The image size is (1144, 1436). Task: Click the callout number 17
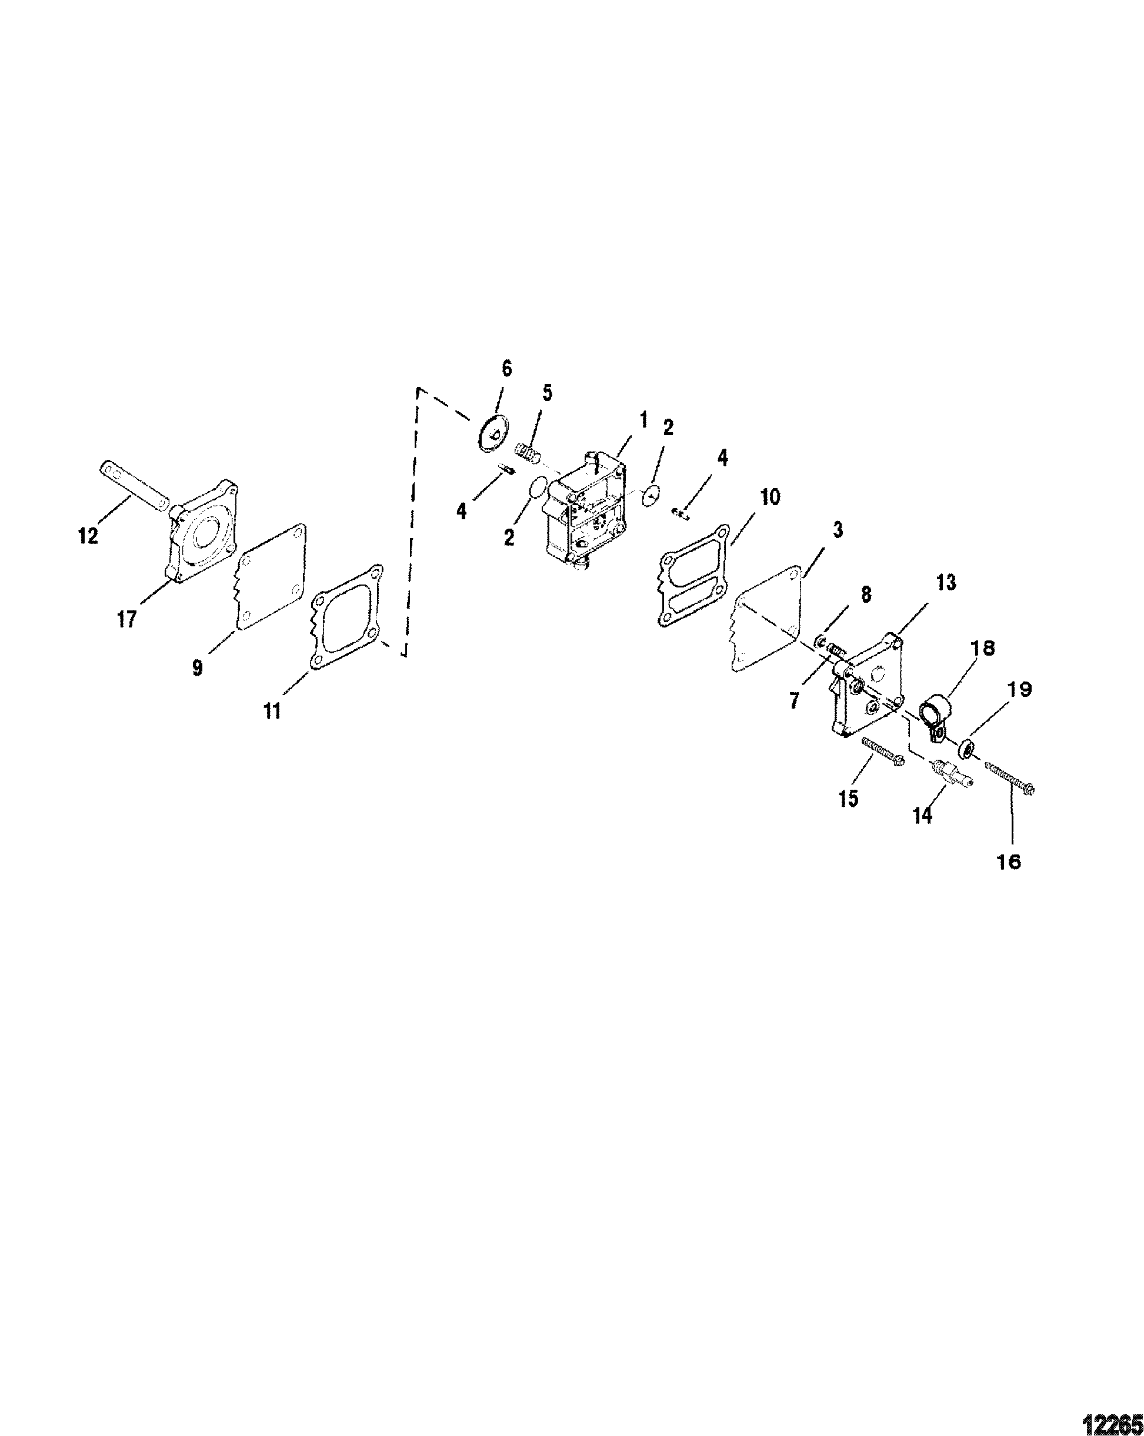[x=126, y=619]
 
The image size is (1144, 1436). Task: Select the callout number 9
[x=197, y=668]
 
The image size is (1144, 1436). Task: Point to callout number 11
[x=272, y=711]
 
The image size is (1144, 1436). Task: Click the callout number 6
[x=507, y=369]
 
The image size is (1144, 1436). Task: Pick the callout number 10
[x=769, y=497]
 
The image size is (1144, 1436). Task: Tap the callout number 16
[x=1010, y=861]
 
